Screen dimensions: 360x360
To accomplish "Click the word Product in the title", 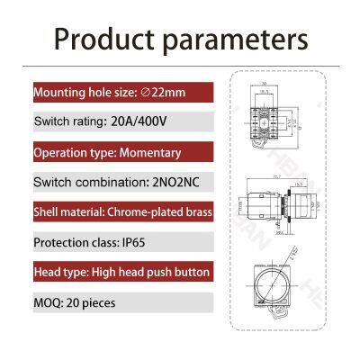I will pos(105,40).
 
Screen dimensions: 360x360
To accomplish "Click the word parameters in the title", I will pos(238,40).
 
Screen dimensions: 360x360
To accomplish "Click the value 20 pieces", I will pos(93,302).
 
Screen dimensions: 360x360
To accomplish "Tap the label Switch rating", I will pos(67,121).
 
